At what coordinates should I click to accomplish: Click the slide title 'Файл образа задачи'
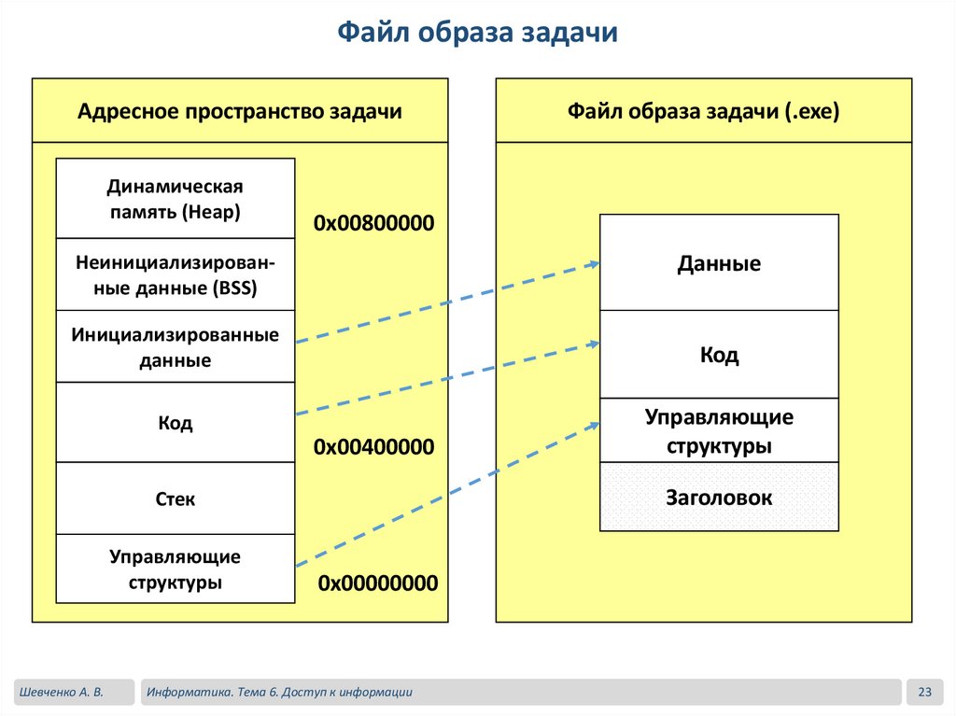(x=477, y=33)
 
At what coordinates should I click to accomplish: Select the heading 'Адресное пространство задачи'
(x=240, y=112)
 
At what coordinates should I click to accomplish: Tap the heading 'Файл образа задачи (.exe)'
(x=704, y=112)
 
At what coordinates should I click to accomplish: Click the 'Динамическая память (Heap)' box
(x=175, y=199)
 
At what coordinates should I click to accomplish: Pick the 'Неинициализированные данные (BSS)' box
(x=175, y=274)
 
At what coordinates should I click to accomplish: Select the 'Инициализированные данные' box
(x=175, y=346)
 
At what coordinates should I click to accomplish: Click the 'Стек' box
(x=175, y=498)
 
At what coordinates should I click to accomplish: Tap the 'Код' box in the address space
(x=175, y=423)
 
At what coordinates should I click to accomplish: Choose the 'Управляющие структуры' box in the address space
(x=175, y=569)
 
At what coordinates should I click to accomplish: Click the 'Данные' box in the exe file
(x=719, y=263)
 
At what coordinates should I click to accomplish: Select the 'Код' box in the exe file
(x=719, y=355)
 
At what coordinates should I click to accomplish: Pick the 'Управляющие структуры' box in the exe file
(x=719, y=430)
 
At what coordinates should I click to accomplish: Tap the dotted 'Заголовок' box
(x=719, y=498)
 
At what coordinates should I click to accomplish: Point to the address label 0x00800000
(x=374, y=224)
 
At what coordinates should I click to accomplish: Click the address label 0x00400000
(x=374, y=447)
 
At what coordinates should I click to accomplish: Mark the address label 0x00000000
(x=377, y=583)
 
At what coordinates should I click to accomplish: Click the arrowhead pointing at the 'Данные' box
(x=594, y=264)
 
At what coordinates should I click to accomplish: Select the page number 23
(x=925, y=692)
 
